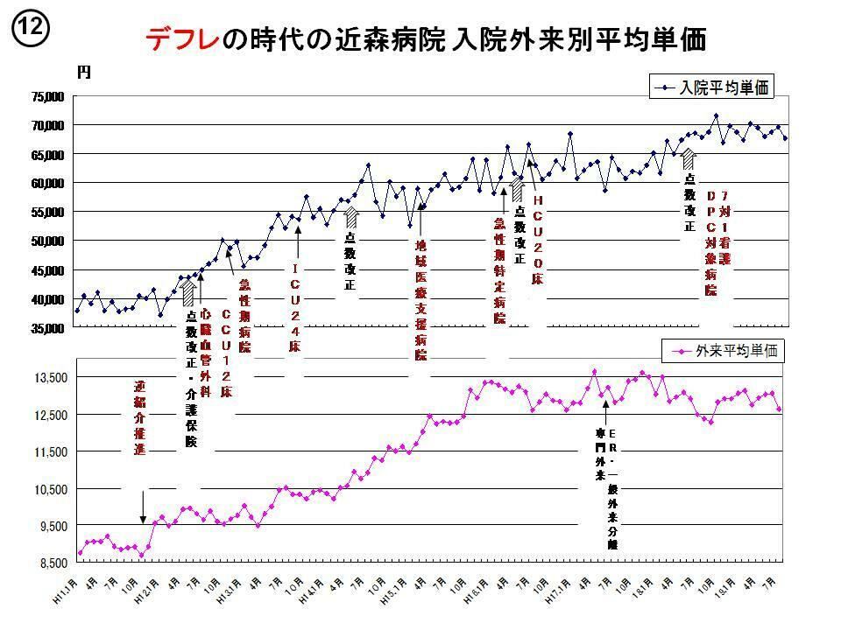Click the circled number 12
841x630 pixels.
coord(28,29)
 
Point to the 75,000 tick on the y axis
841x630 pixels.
coord(48,97)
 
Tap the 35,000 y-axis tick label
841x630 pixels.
coord(48,328)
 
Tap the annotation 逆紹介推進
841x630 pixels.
coord(140,417)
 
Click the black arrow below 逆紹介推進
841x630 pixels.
coord(143,507)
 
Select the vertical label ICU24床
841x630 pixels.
coord(296,308)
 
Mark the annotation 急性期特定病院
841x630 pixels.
coord(499,271)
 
